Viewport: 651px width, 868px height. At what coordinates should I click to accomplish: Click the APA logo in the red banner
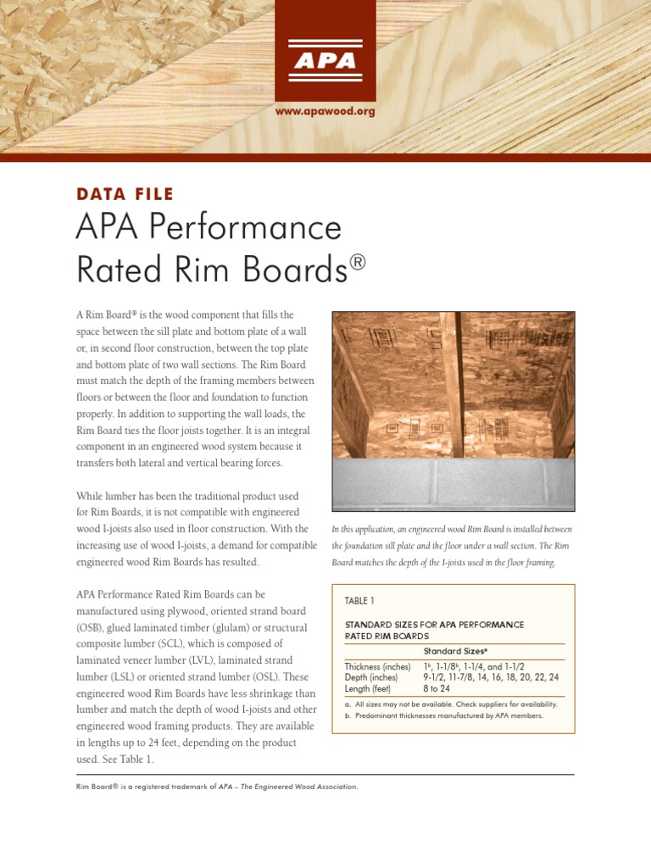pos(325,61)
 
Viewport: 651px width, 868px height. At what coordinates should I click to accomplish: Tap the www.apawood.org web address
pos(325,111)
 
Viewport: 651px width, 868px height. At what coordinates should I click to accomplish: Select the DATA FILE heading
pos(125,194)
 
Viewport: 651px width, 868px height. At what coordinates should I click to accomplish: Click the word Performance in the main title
pos(253,227)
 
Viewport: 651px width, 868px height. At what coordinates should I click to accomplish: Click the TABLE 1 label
pos(359,601)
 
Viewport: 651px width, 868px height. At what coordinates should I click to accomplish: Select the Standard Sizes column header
pos(455,651)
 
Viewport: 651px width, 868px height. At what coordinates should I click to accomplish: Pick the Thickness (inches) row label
pos(377,667)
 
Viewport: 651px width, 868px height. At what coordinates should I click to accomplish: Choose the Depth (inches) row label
pos(370,678)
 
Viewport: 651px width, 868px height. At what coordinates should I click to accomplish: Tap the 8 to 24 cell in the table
pos(437,689)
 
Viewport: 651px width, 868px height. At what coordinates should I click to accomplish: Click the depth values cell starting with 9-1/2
pos(491,678)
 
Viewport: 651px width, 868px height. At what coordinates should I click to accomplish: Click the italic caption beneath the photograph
pos(453,546)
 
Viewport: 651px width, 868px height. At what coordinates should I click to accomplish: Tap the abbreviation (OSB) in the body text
pos(92,627)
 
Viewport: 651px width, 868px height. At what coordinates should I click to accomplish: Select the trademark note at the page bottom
pos(217,787)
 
